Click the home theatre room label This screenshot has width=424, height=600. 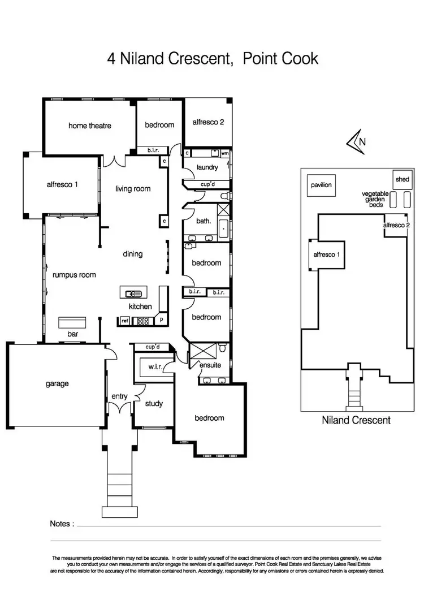[90, 126]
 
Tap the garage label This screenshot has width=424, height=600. [57, 383]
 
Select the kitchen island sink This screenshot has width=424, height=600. [131, 293]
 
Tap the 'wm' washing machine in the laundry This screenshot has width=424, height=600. [224, 153]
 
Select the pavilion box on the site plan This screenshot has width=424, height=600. [320, 185]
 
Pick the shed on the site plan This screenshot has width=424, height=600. [402, 180]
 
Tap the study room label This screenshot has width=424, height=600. [154, 403]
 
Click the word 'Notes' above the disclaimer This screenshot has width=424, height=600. [62, 524]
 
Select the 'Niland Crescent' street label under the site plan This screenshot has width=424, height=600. [356, 420]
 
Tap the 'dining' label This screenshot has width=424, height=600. [133, 254]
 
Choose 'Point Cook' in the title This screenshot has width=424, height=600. [280, 58]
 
